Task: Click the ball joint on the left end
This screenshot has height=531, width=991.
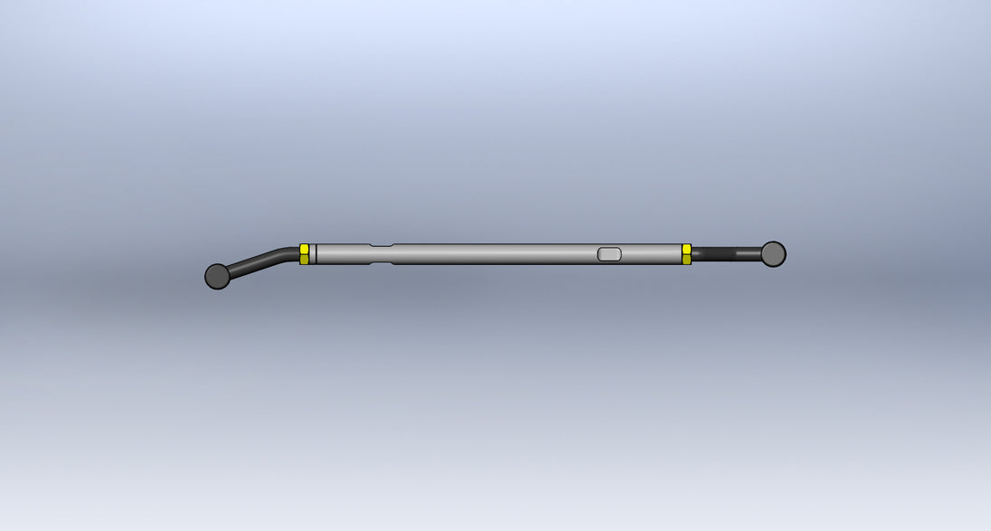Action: pyautogui.click(x=217, y=276)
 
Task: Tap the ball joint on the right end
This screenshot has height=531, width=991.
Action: pyautogui.click(x=773, y=253)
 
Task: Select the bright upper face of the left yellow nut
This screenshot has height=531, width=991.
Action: pyautogui.click(x=305, y=249)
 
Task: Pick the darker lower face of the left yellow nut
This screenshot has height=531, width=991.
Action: pyautogui.click(x=305, y=259)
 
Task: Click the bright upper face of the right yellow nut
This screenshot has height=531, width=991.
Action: pyautogui.click(x=687, y=249)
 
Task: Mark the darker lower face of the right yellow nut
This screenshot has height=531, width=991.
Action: pyautogui.click(x=687, y=260)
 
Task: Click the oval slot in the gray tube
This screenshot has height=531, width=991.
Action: pyautogui.click(x=610, y=254)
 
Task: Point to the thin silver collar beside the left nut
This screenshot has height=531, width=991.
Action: pyautogui.click(x=313, y=254)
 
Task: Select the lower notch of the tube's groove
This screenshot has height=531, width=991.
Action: pyautogui.click(x=382, y=263)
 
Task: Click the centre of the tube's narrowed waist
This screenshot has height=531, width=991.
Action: pyautogui.click(x=382, y=254)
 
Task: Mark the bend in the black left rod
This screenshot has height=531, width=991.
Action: pyautogui.click(x=288, y=252)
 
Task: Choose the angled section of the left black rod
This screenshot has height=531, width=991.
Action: pyautogui.click(x=258, y=261)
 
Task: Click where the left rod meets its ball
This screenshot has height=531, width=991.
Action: pyautogui.click(x=231, y=270)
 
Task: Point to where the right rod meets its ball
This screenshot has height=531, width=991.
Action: pyautogui.click(x=760, y=254)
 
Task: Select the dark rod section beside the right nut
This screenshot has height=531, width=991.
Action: pyautogui.click(x=705, y=254)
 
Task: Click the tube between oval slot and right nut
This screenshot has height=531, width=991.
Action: pyautogui.click(x=651, y=254)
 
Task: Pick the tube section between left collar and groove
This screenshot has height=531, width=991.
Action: pyautogui.click(x=344, y=254)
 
